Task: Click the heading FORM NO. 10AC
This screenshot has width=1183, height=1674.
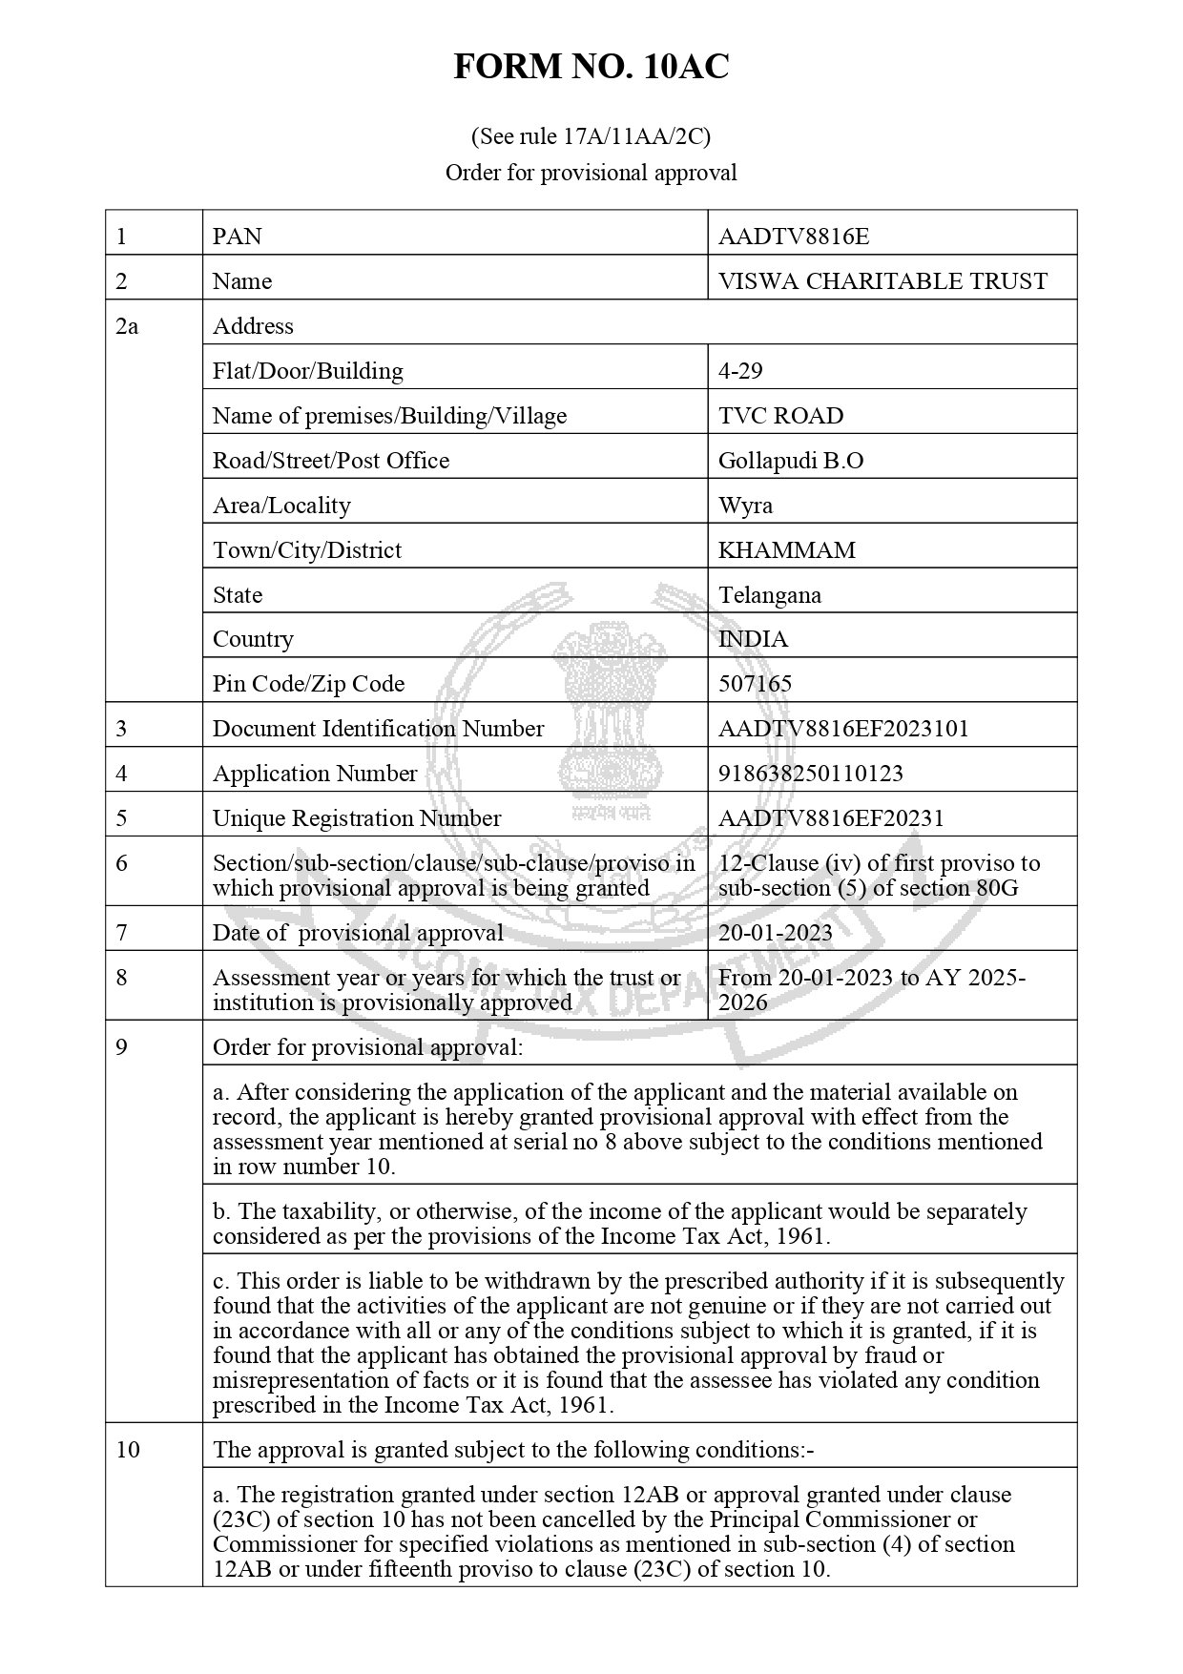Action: pos(591,67)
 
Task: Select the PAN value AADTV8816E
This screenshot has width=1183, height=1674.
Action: pos(780,236)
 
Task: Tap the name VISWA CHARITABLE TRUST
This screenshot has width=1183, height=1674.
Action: pos(882,280)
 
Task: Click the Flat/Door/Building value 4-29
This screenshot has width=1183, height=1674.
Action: pos(740,370)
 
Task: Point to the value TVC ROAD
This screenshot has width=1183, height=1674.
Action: pos(780,416)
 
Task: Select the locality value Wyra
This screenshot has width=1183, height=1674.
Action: pos(745,505)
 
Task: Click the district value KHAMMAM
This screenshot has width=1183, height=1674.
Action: pos(787,550)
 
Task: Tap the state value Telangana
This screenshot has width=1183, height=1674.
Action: pos(770,595)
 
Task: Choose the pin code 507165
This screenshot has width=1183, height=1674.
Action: pos(755,684)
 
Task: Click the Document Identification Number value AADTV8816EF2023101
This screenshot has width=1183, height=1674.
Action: pos(843,729)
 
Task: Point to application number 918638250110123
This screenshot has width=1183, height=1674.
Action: pos(810,774)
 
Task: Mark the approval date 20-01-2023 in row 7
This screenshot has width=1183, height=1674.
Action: pos(775,932)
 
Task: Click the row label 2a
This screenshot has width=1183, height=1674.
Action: pos(127,326)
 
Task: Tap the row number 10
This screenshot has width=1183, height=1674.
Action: pos(128,1450)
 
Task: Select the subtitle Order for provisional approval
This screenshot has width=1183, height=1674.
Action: pos(591,173)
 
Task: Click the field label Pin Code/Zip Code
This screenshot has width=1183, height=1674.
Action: pos(308,684)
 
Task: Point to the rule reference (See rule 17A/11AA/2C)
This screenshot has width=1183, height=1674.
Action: pos(591,136)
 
